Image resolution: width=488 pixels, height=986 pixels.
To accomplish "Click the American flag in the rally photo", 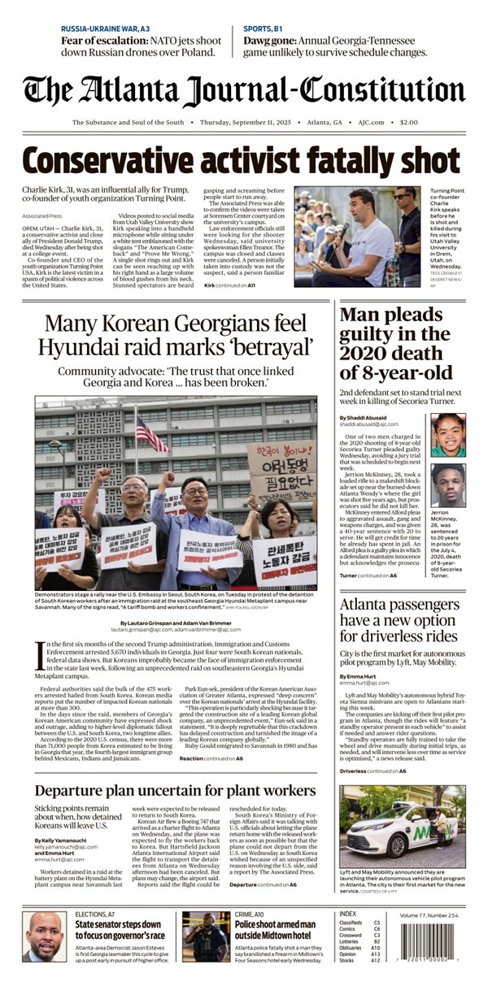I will coord(147,432).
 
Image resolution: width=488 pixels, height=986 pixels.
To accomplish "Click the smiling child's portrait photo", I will coord(447,435).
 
